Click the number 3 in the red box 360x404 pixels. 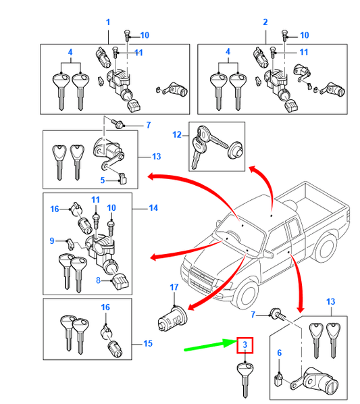(x=245, y=345)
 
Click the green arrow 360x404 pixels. (x=211, y=345)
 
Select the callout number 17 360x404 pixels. (x=174, y=287)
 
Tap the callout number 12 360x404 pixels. (x=177, y=134)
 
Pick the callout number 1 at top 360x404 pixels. (x=108, y=22)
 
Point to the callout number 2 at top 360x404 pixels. (x=265, y=22)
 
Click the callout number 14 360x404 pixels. (x=153, y=207)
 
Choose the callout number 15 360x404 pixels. (x=148, y=343)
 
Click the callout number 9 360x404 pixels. (x=52, y=241)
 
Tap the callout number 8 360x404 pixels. (x=98, y=280)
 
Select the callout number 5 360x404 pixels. (x=103, y=180)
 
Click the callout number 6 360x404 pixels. (x=280, y=353)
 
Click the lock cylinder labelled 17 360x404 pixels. (x=172, y=318)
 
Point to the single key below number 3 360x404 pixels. (x=245, y=380)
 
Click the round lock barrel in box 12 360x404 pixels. (x=235, y=151)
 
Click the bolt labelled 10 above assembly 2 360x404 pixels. (x=284, y=36)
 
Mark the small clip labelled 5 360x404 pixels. (x=123, y=179)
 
